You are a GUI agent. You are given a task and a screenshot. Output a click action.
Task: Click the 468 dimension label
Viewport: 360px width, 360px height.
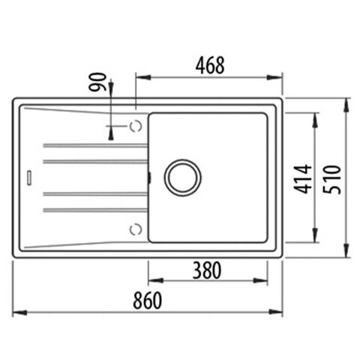(x=209, y=65)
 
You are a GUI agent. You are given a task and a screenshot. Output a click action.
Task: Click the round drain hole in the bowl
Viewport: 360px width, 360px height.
(x=181, y=177)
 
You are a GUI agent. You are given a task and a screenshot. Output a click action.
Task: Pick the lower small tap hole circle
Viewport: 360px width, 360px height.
(x=135, y=228)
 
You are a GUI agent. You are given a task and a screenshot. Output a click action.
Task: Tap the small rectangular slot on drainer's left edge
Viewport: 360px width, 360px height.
(x=28, y=177)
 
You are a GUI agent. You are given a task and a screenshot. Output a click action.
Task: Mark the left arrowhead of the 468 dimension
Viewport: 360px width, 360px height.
(x=139, y=76)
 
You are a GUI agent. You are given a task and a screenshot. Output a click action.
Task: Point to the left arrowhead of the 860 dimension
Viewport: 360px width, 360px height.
(x=18, y=312)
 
